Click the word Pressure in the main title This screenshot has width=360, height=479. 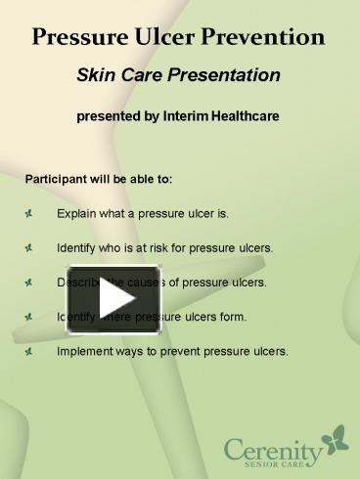tap(75, 38)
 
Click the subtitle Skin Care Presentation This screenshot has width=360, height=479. tap(179, 75)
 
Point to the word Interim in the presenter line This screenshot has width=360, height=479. tap(192, 116)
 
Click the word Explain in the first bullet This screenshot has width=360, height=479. tap(76, 213)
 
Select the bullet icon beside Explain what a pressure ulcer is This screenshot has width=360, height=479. tap(31, 213)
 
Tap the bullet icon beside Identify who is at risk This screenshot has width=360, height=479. tap(31, 247)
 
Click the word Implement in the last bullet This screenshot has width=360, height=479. tap(83, 351)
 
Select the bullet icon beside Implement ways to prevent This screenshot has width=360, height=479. tap(31, 351)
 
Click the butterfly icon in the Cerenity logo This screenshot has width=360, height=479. tap(336, 437)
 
